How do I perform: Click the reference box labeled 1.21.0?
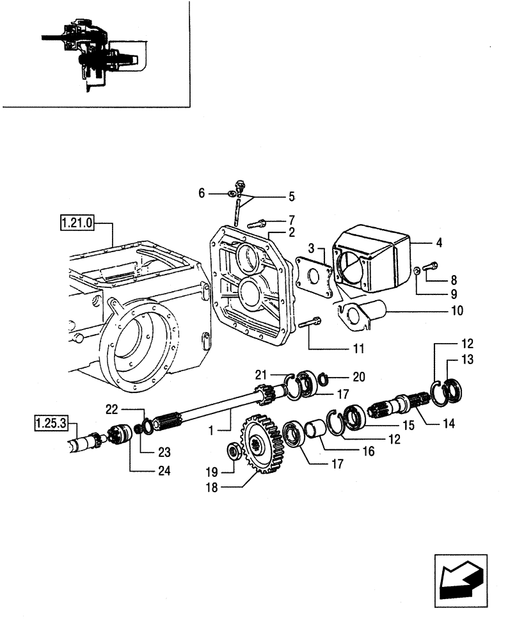(76, 223)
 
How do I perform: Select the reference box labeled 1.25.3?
(51, 423)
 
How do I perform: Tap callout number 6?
(202, 193)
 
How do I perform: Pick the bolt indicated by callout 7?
(255, 223)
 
